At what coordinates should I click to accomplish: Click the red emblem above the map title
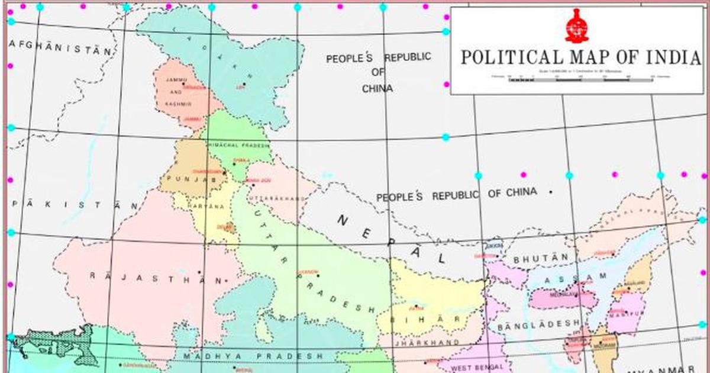[x=577, y=26]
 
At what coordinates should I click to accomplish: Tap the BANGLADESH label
[x=538, y=325]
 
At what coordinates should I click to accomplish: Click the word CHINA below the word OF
[x=377, y=88]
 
